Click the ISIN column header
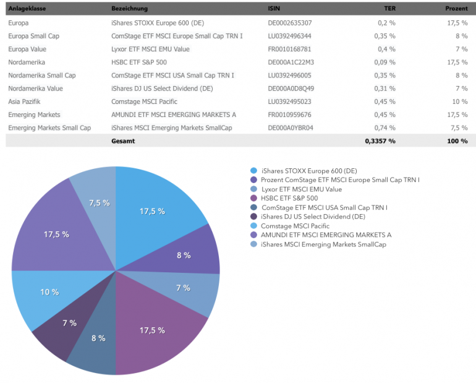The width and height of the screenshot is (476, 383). tap(273, 9)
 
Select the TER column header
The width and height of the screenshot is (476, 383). tap(389, 9)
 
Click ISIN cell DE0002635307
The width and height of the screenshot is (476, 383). tap(290, 23)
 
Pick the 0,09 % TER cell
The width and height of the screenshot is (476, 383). tap(386, 62)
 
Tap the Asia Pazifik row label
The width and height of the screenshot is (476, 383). tap(24, 101)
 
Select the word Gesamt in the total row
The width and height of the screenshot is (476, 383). tap(123, 141)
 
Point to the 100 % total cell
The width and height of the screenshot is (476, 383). tap(457, 141)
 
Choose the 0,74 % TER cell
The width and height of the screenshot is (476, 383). tap(386, 128)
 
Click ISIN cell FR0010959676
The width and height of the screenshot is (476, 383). tap(290, 114)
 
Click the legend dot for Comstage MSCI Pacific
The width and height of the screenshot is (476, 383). tap(253, 226)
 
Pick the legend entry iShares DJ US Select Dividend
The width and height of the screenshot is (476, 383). tap(313, 217)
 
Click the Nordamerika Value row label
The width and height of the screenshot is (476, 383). tap(36, 88)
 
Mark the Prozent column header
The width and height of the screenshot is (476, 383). tap(456, 9)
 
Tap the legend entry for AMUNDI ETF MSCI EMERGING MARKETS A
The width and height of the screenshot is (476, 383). tap(326, 235)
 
